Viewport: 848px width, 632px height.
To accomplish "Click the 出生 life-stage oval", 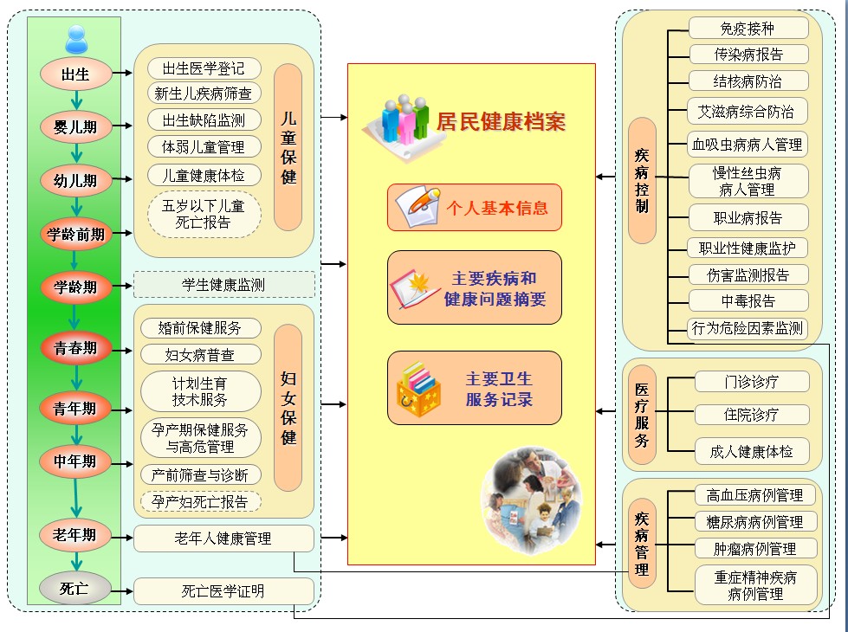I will (76, 74).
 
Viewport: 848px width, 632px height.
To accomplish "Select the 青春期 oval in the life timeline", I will (76, 348).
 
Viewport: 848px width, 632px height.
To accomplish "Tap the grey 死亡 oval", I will (76, 589).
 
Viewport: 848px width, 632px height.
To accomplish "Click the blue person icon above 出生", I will (76, 38).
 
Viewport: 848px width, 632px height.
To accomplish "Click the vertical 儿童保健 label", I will (288, 146).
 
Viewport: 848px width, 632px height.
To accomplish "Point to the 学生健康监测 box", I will (223, 284).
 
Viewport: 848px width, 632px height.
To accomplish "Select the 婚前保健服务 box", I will (200, 328).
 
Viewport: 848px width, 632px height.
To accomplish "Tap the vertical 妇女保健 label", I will (288, 407).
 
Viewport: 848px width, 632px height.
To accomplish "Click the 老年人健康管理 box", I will (223, 538).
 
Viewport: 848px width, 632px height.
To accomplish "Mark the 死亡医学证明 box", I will (223, 591).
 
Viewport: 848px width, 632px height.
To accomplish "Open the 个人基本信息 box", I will (475, 208).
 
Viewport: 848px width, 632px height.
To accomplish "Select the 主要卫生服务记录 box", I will (475, 388).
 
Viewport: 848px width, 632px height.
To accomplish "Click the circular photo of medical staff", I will (531, 501).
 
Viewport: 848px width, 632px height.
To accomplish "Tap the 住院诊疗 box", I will (751, 415).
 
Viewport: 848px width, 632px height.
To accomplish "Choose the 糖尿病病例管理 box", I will (755, 521).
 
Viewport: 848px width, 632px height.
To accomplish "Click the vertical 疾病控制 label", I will (642, 180).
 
